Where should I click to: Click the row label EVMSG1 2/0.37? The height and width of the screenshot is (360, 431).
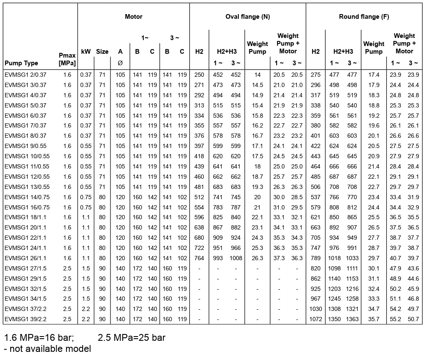tap(25, 75)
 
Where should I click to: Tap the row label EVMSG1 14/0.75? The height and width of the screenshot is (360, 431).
tap(26, 197)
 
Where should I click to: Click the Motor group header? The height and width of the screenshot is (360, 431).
tap(133, 17)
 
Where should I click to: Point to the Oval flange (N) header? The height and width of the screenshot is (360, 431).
tap(247, 17)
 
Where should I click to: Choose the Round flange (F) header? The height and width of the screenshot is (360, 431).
tap(364, 17)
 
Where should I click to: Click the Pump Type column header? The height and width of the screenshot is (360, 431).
tap(21, 63)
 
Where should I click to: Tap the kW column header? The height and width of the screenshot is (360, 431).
tap(86, 52)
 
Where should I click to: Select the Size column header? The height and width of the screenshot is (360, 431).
tap(102, 52)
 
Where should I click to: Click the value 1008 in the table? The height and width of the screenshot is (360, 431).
tap(235, 258)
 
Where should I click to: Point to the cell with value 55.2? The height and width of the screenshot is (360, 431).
tap(396, 319)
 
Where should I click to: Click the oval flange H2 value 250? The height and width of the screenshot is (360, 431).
tap(199, 75)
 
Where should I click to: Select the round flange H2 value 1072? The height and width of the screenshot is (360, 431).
tap(315, 319)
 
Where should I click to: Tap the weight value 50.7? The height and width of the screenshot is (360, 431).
tap(413, 319)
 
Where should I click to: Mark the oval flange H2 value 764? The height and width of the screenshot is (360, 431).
tap(199, 258)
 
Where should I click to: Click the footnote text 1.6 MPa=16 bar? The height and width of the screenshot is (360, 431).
tap(39, 338)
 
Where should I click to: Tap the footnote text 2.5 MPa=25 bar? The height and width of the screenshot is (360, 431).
tap(131, 338)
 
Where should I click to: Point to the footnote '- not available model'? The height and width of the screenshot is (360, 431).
tap(47, 349)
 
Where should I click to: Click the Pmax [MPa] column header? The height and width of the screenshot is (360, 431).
tap(67, 59)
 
